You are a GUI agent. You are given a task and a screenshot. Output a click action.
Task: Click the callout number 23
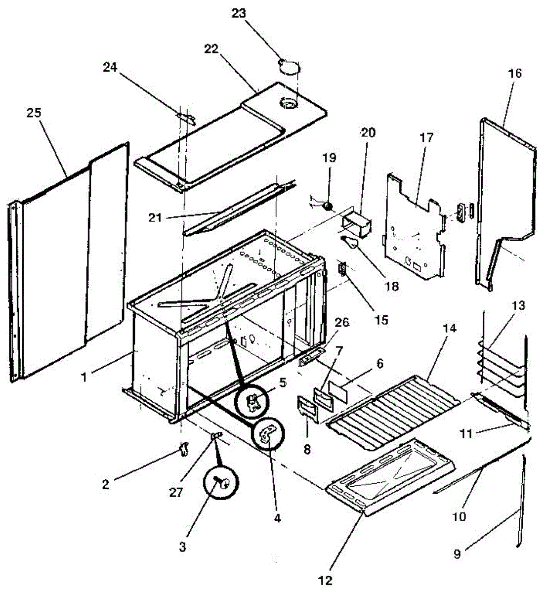click(238, 13)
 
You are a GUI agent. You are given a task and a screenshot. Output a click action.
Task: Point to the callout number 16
click(514, 74)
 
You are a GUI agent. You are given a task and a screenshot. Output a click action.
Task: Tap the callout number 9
click(457, 554)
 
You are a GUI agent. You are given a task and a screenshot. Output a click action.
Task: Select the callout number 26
click(342, 323)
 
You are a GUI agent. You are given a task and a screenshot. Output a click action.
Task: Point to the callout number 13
click(517, 306)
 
